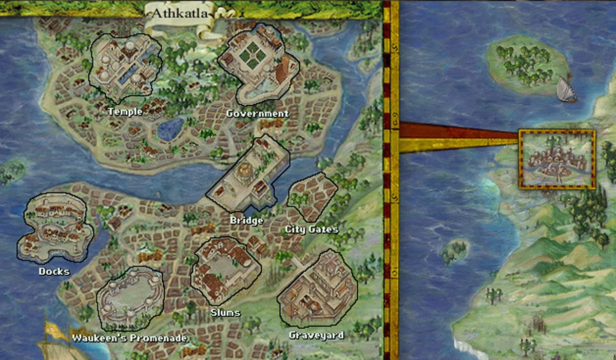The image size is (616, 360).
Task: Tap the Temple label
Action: (125, 111)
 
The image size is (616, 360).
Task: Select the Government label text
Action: (258, 113)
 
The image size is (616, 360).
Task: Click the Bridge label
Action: (247, 220)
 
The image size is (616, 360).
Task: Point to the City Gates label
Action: (312, 229)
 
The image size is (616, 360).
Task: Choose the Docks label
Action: (54, 271)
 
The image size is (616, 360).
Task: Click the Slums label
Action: (225, 312)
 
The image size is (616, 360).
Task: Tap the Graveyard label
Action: (316, 336)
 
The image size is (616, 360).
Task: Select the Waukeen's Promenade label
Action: (129, 338)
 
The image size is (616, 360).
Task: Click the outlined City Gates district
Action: (312, 196)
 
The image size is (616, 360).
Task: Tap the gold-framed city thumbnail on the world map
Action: (557, 160)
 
